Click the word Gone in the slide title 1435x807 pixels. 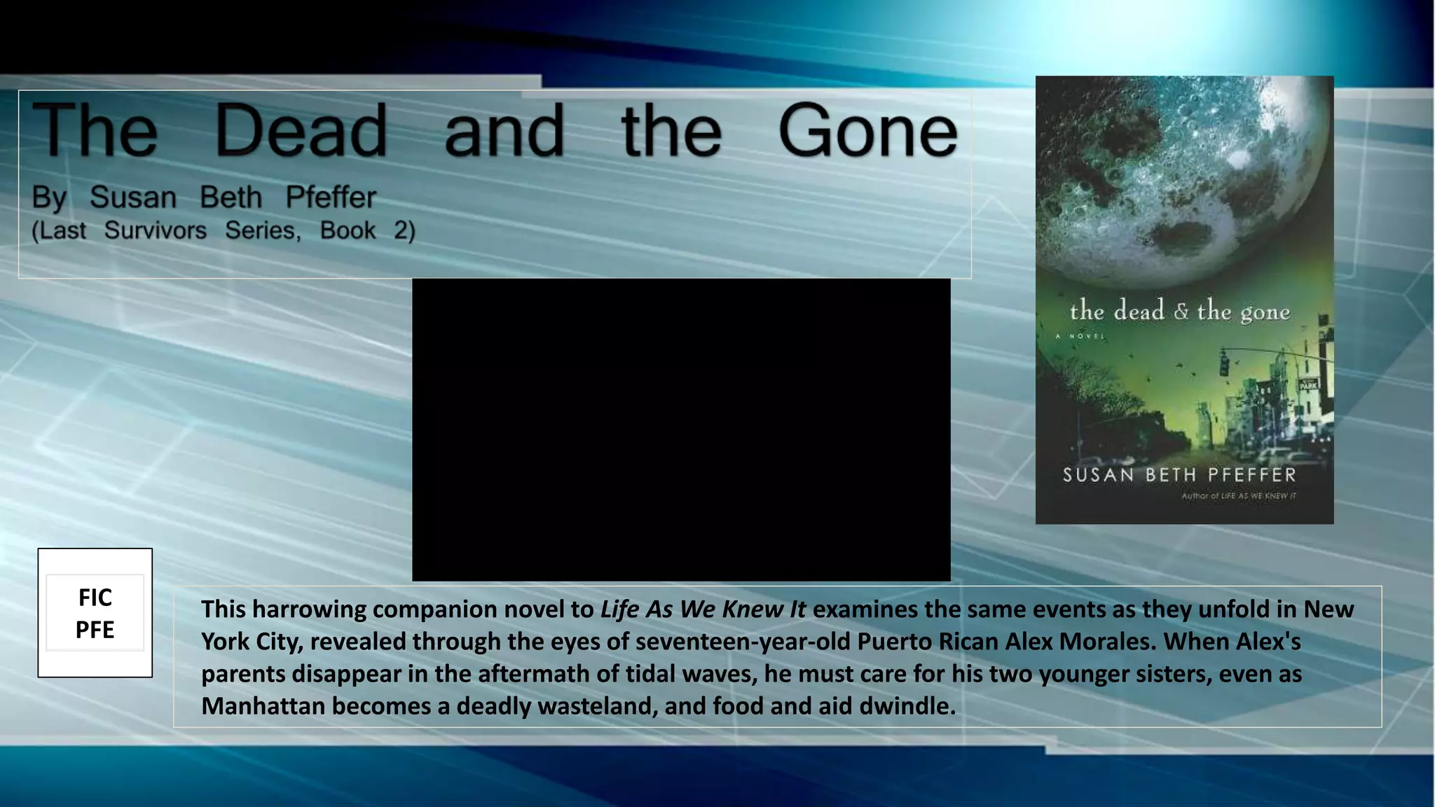pos(867,131)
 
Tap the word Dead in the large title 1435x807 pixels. pos(301,131)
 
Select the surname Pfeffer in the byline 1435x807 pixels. pos(331,198)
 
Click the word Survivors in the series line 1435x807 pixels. pos(156,230)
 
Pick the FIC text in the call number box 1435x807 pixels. pos(95,598)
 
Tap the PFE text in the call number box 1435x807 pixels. pos(95,630)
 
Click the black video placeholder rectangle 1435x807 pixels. pos(681,429)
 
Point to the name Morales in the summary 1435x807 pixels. pos(1108,642)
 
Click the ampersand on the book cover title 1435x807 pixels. pos(1181,311)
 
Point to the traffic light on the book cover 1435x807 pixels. pos(1224,364)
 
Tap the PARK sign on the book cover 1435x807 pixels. pos(1308,385)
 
